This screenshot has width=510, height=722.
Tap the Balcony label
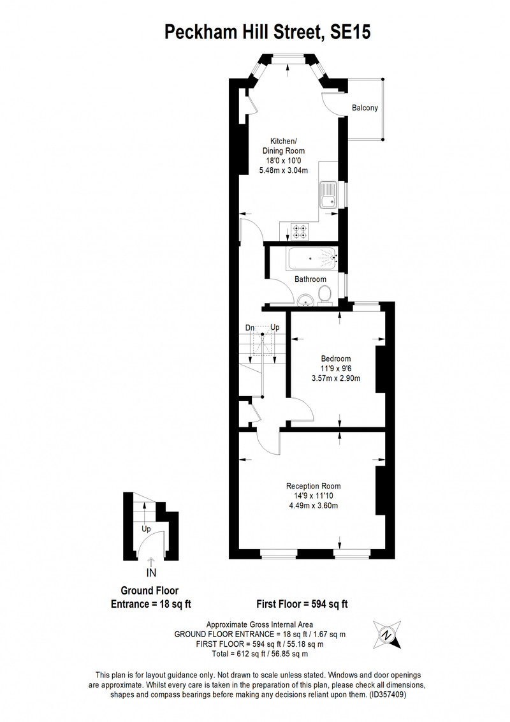[x=365, y=108]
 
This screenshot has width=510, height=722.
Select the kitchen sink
[x=329, y=195]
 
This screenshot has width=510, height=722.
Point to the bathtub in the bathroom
[x=312, y=259]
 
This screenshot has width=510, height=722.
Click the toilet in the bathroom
[x=325, y=295]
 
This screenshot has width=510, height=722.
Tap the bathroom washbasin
[x=305, y=300]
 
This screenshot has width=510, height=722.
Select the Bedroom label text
[x=335, y=358]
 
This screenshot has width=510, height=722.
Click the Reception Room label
[x=314, y=486]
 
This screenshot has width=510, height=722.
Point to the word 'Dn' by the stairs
[x=250, y=328]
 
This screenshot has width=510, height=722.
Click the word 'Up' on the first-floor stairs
[x=275, y=327]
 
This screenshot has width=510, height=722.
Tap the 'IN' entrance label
[x=151, y=573]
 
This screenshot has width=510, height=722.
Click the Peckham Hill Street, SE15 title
[x=267, y=33]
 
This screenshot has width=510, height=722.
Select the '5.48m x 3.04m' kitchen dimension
[x=284, y=170]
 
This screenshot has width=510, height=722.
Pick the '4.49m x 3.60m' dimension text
[x=314, y=506]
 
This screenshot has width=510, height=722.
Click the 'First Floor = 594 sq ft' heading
[x=302, y=604]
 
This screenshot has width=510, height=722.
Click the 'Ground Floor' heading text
[x=150, y=591]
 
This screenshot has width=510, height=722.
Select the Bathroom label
[x=310, y=279]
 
